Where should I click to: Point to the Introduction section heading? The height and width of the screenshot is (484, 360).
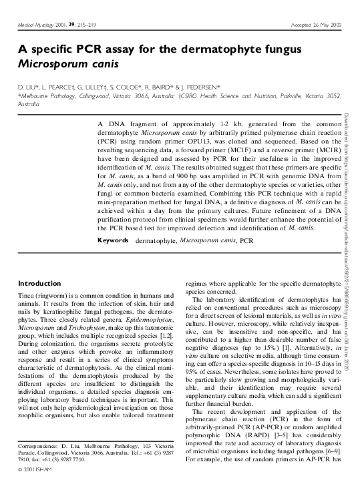[40, 283]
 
